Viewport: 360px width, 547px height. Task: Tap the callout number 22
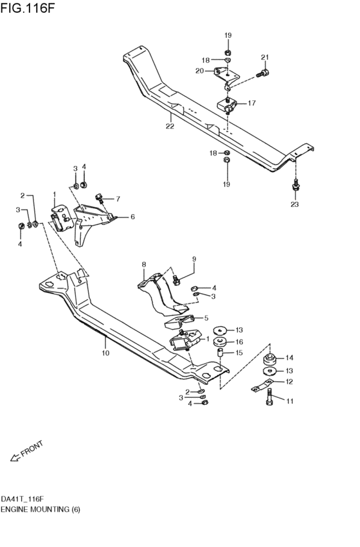pos(170,127)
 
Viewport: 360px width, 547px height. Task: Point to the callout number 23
pos(294,205)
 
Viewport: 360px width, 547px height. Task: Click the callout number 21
pos(264,58)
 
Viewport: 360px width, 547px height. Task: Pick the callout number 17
pos(251,103)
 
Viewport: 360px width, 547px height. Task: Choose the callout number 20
pos(199,71)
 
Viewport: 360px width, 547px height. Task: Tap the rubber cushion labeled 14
pos(270,358)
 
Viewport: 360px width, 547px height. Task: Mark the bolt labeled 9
pos(175,279)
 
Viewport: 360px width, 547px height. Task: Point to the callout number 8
pos(144,264)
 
